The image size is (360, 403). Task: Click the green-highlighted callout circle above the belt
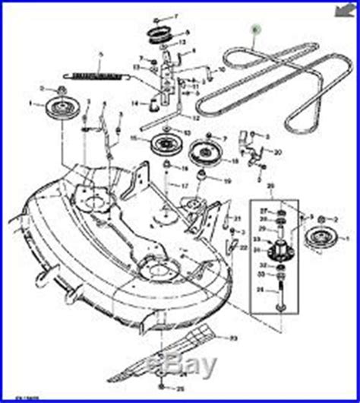[256, 28]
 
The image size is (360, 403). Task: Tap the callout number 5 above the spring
[99, 54]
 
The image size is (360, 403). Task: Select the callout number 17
[185, 186]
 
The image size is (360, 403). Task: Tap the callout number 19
[227, 181]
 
